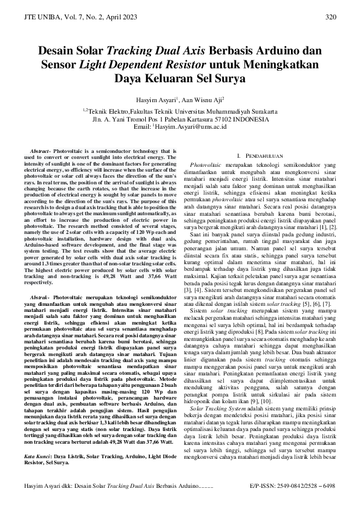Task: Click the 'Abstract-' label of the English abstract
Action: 41,149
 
